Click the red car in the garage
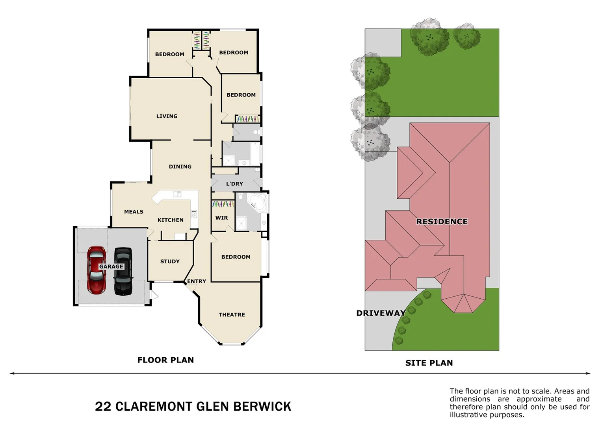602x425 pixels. [x=97, y=271]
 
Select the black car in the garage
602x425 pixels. [x=123, y=272]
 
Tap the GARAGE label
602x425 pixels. [x=111, y=266]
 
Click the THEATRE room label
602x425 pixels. [x=232, y=315]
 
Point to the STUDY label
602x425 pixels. [x=170, y=261]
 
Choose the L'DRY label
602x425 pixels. [x=234, y=184]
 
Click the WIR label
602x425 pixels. [x=221, y=218]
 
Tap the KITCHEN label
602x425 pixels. [x=170, y=220]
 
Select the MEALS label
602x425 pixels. [x=134, y=212]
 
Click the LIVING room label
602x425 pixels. [x=167, y=116]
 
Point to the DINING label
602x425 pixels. [x=180, y=166]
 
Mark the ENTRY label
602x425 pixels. [x=196, y=281]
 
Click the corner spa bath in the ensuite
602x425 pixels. [x=256, y=201]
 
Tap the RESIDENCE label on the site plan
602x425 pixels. [x=442, y=222]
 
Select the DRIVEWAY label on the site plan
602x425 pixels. [x=381, y=313]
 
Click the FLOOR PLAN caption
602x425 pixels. [x=165, y=360]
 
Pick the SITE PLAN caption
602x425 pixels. [x=429, y=363]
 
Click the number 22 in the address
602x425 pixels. [x=103, y=407]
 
